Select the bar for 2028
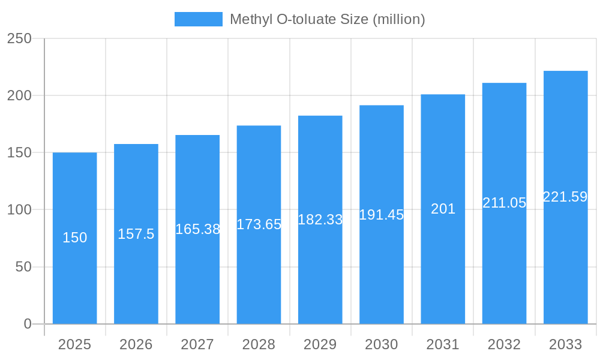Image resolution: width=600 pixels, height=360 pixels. (x=259, y=270)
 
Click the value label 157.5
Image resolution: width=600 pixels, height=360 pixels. (x=136, y=234)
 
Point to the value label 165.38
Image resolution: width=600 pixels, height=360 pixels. (x=197, y=229)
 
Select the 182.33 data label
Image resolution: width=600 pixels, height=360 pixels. (x=320, y=220)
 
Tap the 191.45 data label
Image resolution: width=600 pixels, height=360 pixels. (x=382, y=215)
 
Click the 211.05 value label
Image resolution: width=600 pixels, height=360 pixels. (x=504, y=203)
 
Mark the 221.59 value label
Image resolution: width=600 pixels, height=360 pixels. (x=565, y=197)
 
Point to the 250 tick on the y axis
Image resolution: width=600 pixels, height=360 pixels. (x=19, y=38)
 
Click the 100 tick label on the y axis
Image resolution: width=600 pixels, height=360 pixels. (x=19, y=210)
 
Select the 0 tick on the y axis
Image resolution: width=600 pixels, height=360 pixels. (x=28, y=324)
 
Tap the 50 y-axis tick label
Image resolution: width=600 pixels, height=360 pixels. (x=23, y=267)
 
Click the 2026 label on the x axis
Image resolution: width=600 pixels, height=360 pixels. (x=136, y=344)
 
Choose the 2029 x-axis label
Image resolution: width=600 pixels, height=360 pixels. (x=320, y=344)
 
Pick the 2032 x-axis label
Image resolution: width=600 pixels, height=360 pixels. (x=504, y=344)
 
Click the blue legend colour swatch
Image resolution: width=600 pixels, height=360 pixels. (x=198, y=19)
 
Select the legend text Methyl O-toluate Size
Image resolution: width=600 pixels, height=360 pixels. (x=328, y=19)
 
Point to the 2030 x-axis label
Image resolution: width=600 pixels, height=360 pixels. (x=382, y=344)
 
